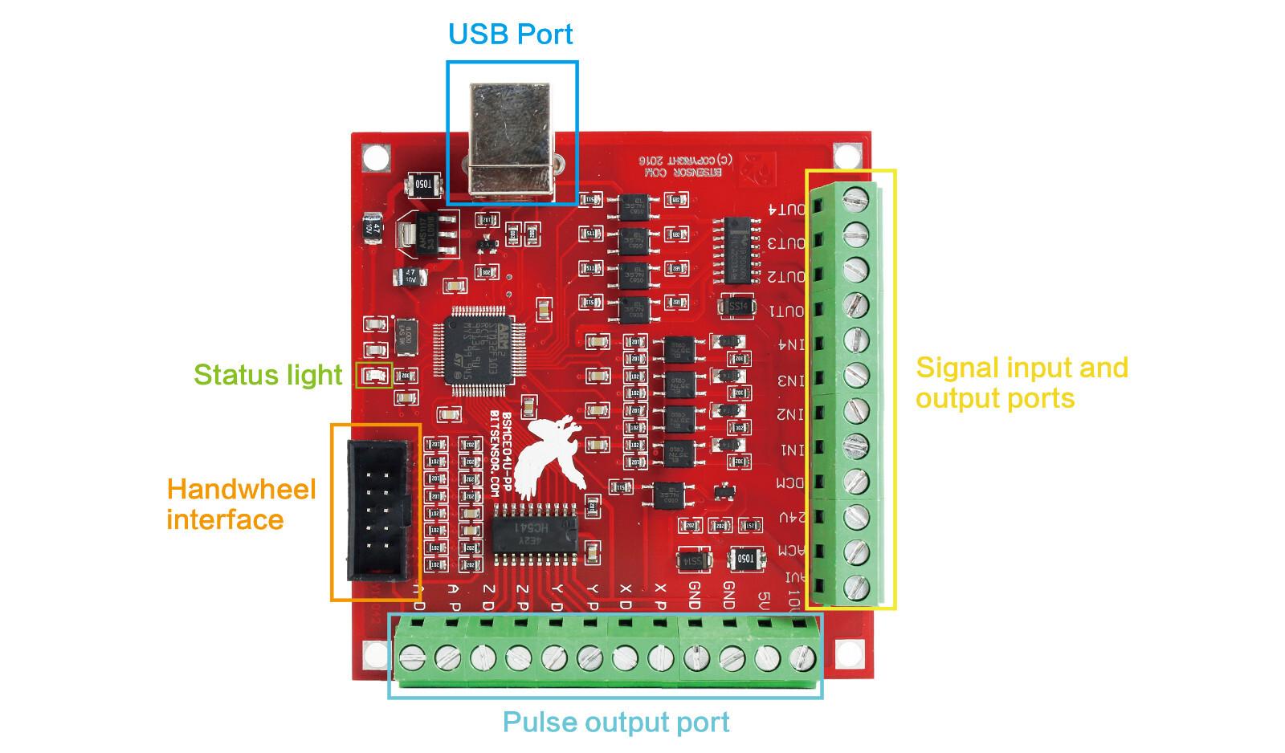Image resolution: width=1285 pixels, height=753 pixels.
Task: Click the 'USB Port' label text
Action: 510,34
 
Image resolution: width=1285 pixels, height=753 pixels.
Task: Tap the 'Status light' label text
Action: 267,375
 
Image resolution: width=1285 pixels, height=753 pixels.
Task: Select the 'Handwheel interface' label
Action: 241,504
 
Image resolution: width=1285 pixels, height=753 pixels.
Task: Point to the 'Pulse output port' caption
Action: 616,722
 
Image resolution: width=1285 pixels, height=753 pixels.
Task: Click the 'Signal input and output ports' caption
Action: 1022,383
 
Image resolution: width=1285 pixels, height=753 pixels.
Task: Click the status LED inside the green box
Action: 373,375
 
